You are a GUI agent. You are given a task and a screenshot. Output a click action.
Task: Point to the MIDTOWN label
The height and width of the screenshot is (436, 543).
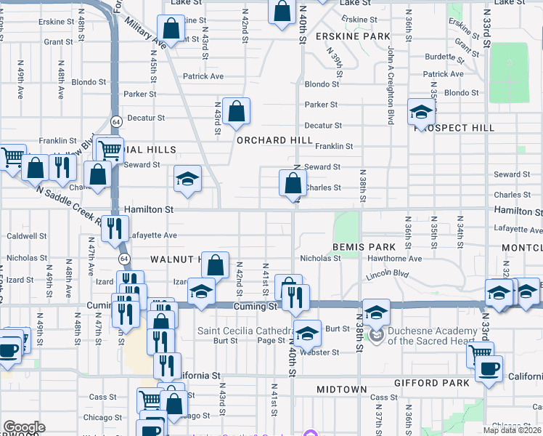pos(342,389)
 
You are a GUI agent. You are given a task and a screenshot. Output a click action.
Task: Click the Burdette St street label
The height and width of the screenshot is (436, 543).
pos(439,56)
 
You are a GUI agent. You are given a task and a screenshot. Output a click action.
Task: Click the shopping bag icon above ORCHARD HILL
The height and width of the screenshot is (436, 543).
pos(237,111)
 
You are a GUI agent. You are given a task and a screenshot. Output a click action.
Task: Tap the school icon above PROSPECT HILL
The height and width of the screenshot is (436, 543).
pos(421,111)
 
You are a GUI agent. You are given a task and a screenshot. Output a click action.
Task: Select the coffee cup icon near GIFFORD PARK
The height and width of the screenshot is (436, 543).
pos(489,368)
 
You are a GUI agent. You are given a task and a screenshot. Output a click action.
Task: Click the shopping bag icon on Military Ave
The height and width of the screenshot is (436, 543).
pos(171,29)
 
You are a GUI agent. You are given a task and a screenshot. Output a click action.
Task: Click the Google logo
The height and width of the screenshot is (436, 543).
pos(24,427)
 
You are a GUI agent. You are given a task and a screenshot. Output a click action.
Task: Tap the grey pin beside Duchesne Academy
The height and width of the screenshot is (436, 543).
pos(376,335)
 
